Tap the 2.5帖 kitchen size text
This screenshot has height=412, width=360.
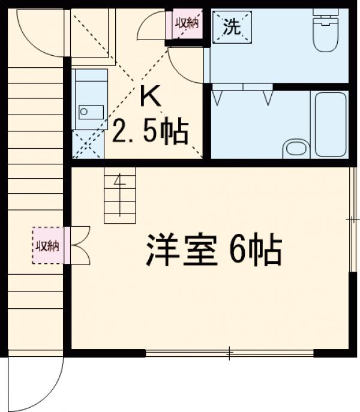click(150, 131)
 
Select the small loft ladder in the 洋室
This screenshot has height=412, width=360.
click(120, 194)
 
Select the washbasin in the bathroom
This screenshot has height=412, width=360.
click(293, 148)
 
